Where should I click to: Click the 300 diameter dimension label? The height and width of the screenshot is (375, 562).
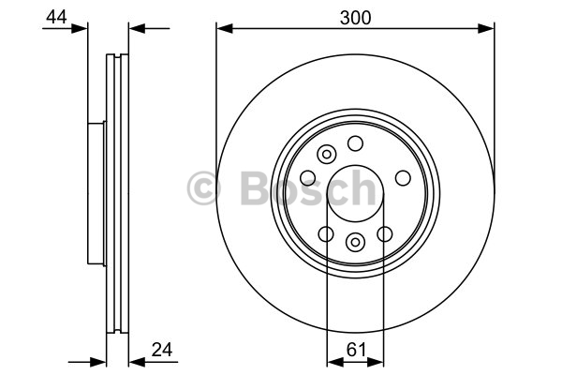click(355, 18)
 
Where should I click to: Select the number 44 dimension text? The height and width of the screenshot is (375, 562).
click(56, 17)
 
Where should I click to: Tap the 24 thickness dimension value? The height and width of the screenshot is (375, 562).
click(162, 349)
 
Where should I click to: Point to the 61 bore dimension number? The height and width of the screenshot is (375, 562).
click(356, 349)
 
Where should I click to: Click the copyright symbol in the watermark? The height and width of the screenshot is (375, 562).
click(203, 187)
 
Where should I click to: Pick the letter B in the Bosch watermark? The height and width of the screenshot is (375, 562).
click(257, 187)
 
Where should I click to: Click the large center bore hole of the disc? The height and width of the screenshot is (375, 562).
click(356, 193)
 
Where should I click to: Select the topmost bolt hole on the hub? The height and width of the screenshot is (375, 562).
click(355, 143)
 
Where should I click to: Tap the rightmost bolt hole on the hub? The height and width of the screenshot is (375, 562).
click(403, 178)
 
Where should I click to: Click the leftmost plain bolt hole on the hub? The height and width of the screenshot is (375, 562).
click(308, 178)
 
